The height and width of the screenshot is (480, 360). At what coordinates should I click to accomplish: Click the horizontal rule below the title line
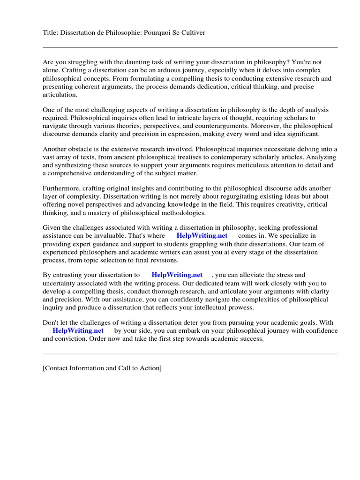point(190,47)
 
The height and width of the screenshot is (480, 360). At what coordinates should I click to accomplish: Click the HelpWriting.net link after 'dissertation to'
point(177,275)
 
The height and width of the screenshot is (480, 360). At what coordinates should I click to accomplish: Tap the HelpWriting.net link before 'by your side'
point(78,330)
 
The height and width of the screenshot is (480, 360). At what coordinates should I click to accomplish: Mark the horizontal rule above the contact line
point(190,354)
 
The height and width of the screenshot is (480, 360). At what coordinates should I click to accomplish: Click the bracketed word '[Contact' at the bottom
point(56,368)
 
